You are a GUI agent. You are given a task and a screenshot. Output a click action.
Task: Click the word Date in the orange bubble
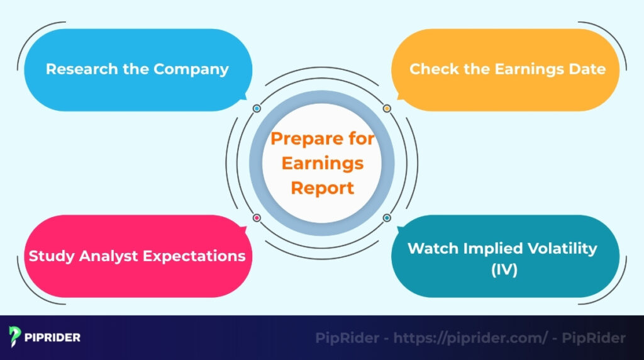pos(589,69)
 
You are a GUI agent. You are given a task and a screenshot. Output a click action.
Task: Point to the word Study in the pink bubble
pos(47,256)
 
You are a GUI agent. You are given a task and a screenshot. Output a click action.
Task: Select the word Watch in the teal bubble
pos(431,248)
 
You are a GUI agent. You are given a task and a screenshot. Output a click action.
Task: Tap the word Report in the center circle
pos(322,188)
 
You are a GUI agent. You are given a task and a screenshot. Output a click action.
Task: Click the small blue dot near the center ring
pos(257,109)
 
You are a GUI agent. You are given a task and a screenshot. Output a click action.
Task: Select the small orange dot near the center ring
pos(387,109)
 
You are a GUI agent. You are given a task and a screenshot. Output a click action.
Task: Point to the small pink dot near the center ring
pos(257,218)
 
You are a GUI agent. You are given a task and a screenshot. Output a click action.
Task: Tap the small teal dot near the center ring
pos(387,218)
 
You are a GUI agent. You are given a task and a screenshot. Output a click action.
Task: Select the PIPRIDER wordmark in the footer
pos(53,337)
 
